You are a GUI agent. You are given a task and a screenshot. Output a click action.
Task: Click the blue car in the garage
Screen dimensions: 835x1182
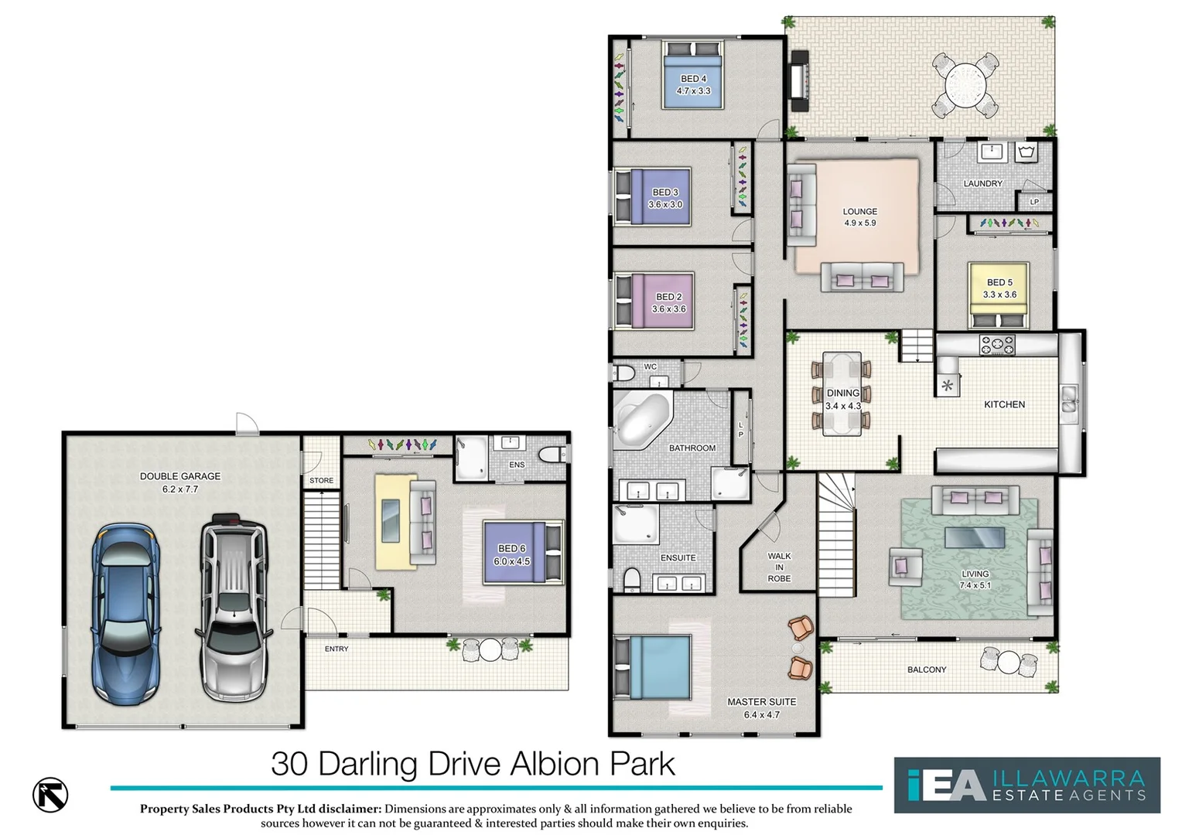tap(126, 614)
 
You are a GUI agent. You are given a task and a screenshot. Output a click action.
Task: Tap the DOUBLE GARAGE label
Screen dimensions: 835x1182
tap(180, 476)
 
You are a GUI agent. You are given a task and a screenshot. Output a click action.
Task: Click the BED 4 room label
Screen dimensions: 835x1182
tap(693, 79)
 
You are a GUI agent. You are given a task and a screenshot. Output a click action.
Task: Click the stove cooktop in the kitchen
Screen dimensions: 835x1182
tap(997, 345)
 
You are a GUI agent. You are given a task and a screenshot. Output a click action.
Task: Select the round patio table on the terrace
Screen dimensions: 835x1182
tap(965, 83)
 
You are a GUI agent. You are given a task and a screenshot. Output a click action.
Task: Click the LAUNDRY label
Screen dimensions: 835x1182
tap(982, 184)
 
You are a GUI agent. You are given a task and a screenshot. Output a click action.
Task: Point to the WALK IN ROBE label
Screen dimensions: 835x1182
tap(779, 567)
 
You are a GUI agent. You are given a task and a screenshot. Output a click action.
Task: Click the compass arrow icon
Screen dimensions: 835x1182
tap(50, 795)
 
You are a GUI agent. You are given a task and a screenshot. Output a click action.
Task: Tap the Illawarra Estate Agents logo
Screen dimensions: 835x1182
tap(1027, 785)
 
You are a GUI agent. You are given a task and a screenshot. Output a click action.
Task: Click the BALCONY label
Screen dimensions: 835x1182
tap(927, 670)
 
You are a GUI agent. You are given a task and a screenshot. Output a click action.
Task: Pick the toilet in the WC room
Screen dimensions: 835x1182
tap(623, 374)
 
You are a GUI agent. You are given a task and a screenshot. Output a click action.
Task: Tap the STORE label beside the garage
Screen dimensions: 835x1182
tap(321, 481)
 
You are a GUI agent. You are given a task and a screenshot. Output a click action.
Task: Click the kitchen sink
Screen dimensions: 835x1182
tap(1069, 399)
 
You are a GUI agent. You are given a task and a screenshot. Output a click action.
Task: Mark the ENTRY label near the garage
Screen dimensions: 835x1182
tap(336, 649)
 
